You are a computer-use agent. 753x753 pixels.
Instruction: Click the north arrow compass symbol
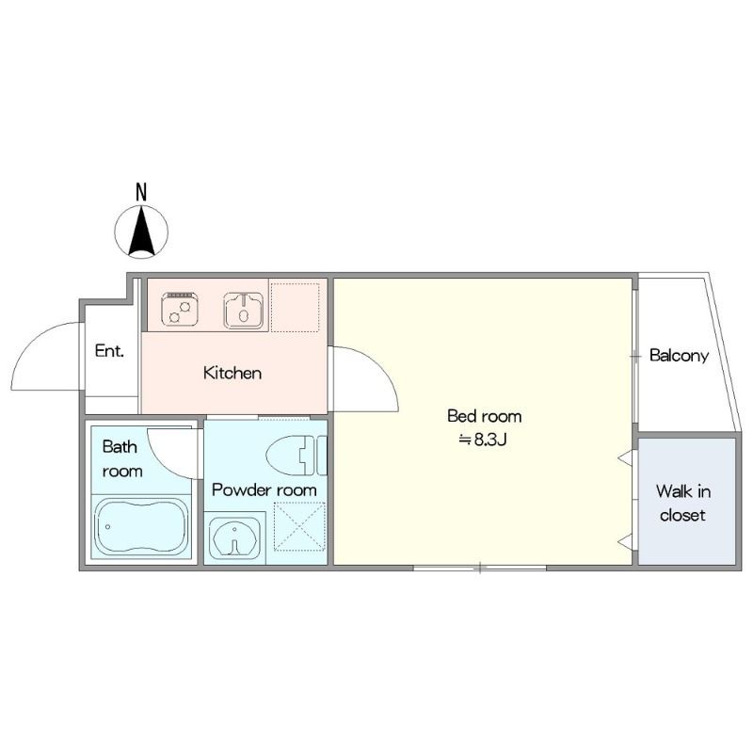[x=142, y=232]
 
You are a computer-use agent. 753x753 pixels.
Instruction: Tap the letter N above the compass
[x=141, y=192]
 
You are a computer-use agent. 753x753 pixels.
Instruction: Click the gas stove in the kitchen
[x=180, y=310]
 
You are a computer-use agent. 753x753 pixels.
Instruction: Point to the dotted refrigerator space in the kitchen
[x=295, y=308]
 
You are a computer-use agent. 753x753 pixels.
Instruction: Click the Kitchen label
[x=232, y=373]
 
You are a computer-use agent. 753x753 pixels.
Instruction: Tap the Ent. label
[x=109, y=350]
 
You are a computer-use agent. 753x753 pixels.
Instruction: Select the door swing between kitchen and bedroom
[x=379, y=364]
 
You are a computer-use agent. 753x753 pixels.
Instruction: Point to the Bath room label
[x=122, y=458]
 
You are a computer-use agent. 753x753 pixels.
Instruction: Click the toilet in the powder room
[x=296, y=456]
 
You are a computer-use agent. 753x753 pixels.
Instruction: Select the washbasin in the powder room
[x=234, y=537]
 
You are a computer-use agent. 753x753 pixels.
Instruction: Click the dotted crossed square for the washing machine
[x=299, y=526]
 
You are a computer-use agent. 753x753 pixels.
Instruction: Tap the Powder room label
[x=264, y=490]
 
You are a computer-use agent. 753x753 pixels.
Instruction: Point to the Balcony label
[x=679, y=356]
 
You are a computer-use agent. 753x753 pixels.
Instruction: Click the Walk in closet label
[x=683, y=503]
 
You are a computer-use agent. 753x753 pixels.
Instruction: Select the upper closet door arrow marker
[x=624, y=457]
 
